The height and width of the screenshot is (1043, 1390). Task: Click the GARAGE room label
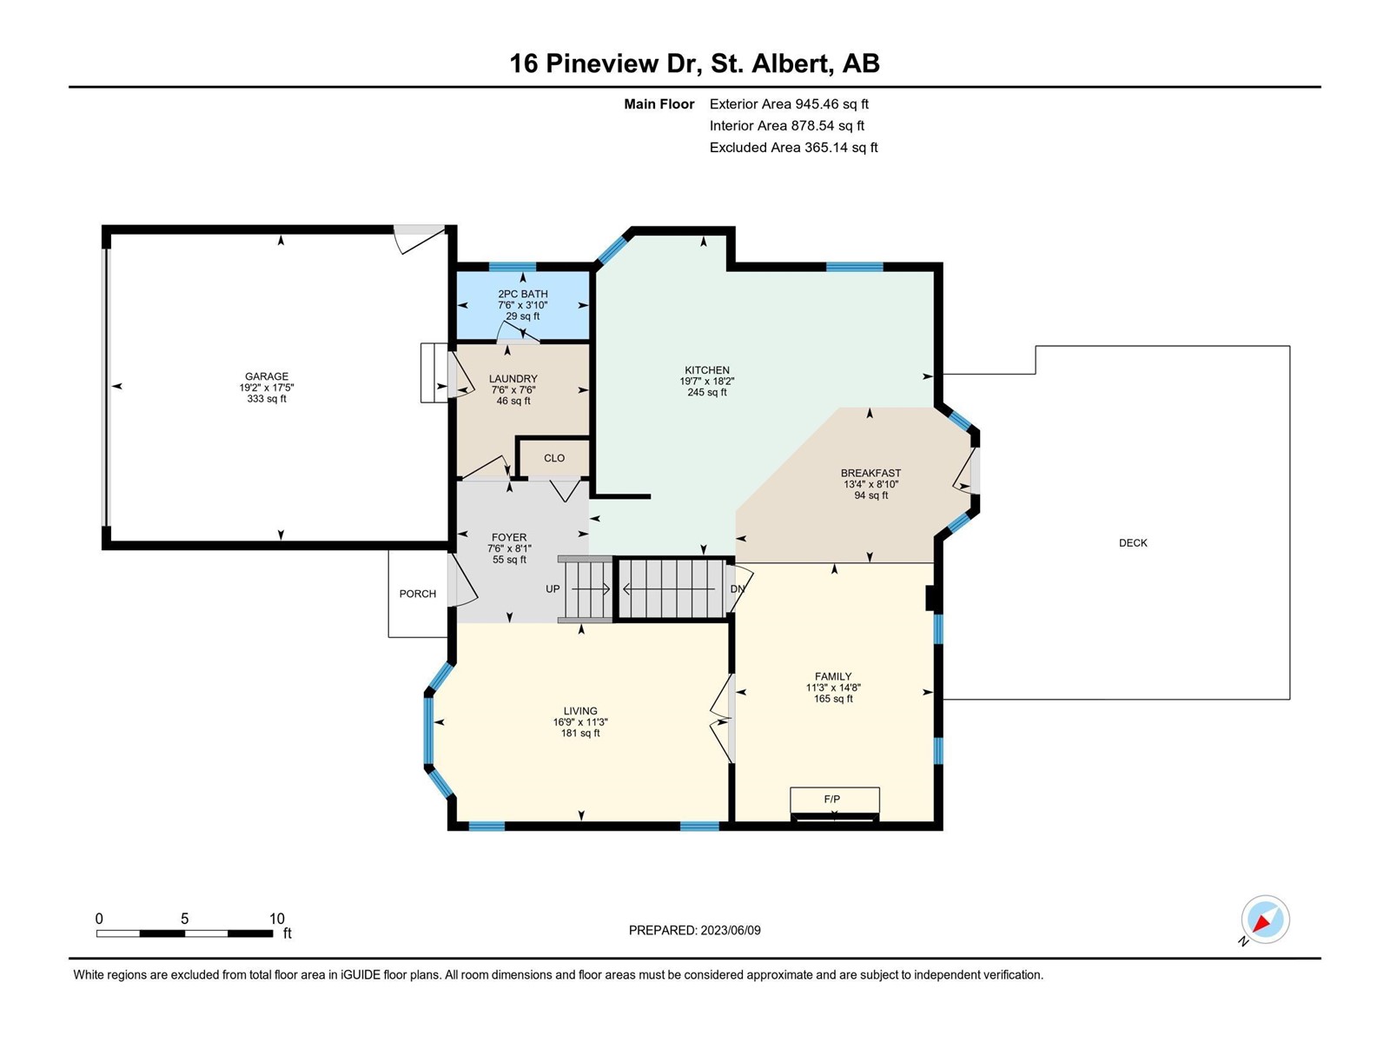coord(267,376)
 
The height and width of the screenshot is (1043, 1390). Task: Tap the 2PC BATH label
coord(522,294)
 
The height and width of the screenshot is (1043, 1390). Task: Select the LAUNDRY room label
coord(513,379)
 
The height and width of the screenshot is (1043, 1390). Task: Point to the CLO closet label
coord(554,458)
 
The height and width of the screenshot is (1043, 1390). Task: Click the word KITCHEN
coord(706,370)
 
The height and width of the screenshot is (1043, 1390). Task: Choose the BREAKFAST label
coord(870,473)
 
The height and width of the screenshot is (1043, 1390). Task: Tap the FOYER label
coord(508,537)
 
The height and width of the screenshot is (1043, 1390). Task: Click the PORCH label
coord(417,594)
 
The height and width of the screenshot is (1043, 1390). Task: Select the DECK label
coord(1133,542)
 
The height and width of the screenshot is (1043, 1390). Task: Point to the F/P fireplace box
coord(835,801)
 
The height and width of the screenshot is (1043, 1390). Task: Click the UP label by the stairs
coord(553,589)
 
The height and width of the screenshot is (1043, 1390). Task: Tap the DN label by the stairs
coord(737,589)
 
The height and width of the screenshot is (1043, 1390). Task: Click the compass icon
coord(1265,919)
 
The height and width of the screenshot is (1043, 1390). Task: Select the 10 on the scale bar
coord(277,918)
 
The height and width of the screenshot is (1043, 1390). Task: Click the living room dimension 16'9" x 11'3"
coord(580,722)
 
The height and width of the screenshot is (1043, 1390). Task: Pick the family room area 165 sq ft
coord(833,699)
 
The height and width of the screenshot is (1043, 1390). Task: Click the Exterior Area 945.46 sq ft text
coord(789,103)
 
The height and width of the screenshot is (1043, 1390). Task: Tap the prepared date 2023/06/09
coord(730,930)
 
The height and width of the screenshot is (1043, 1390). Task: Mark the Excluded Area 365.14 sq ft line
coord(793,148)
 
